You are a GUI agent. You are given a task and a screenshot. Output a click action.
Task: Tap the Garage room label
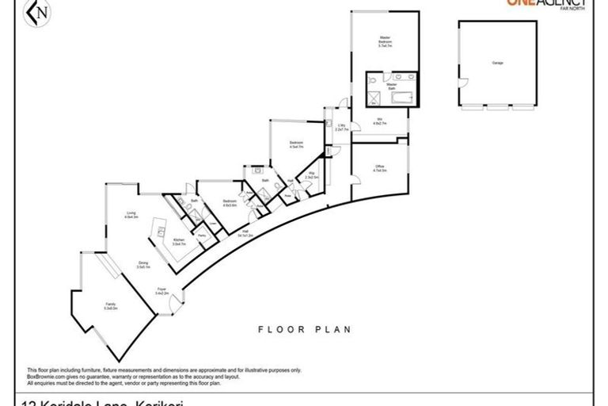[x=497, y=63]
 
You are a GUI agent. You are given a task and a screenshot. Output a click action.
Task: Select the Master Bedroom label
[x=386, y=41]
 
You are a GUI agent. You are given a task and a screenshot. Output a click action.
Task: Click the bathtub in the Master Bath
[x=401, y=98]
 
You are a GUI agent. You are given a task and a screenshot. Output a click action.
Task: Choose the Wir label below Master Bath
[x=379, y=123]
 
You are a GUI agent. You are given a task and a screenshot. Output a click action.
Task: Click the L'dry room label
[x=341, y=128]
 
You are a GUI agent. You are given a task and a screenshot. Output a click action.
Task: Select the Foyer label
[x=161, y=291]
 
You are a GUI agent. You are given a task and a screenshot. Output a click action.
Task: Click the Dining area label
[x=143, y=266]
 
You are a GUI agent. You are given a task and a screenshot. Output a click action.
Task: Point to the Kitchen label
[x=179, y=243]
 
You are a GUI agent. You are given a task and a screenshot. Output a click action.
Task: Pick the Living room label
[x=131, y=215]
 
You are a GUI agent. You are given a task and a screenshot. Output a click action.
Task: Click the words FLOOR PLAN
[x=305, y=329]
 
